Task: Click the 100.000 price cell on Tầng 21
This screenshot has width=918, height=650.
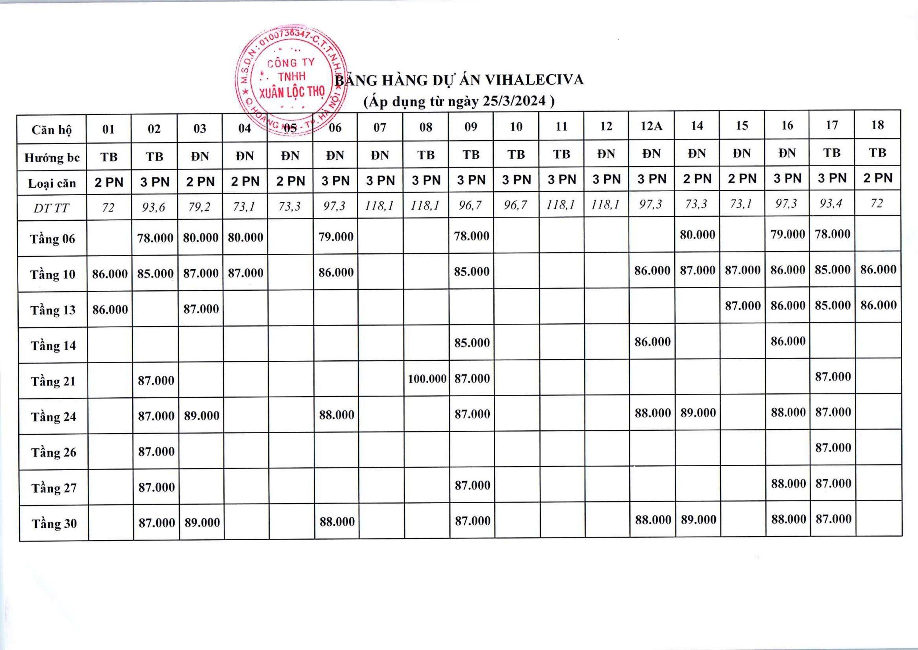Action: pos(427,379)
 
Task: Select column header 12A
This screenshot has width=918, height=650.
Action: pos(652,126)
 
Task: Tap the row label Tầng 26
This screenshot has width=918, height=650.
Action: pos(53,452)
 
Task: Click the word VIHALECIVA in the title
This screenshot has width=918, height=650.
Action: pos(534,80)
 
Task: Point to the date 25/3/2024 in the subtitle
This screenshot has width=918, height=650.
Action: pos(514,101)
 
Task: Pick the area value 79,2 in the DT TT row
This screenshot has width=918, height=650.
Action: pos(199,207)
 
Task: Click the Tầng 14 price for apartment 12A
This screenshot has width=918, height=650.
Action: pos(652,342)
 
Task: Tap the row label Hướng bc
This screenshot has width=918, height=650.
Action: pos(52,158)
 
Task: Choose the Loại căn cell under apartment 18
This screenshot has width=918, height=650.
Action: pos(877,178)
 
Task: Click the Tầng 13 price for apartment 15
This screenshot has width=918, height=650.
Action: pos(743,306)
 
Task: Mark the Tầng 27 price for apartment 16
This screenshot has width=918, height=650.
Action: pos(788,484)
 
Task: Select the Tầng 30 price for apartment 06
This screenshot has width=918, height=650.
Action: pos(337,522)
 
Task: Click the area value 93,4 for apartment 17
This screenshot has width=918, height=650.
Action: pos(832,204)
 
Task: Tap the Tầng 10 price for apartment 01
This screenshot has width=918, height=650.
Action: pos(110,274)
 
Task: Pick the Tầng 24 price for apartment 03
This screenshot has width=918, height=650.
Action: pos(202,416)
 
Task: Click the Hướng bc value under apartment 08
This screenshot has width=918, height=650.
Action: pos(426,155)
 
